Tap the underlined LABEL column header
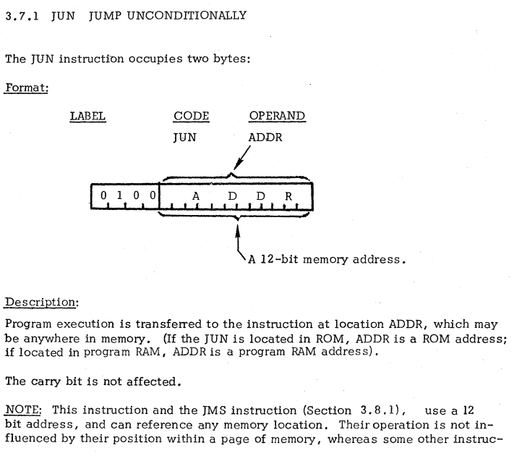[87, 116]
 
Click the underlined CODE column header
[192, 116]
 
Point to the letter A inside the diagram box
[195, 195]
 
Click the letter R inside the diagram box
[286, 195]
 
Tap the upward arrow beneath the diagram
[236, 235]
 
